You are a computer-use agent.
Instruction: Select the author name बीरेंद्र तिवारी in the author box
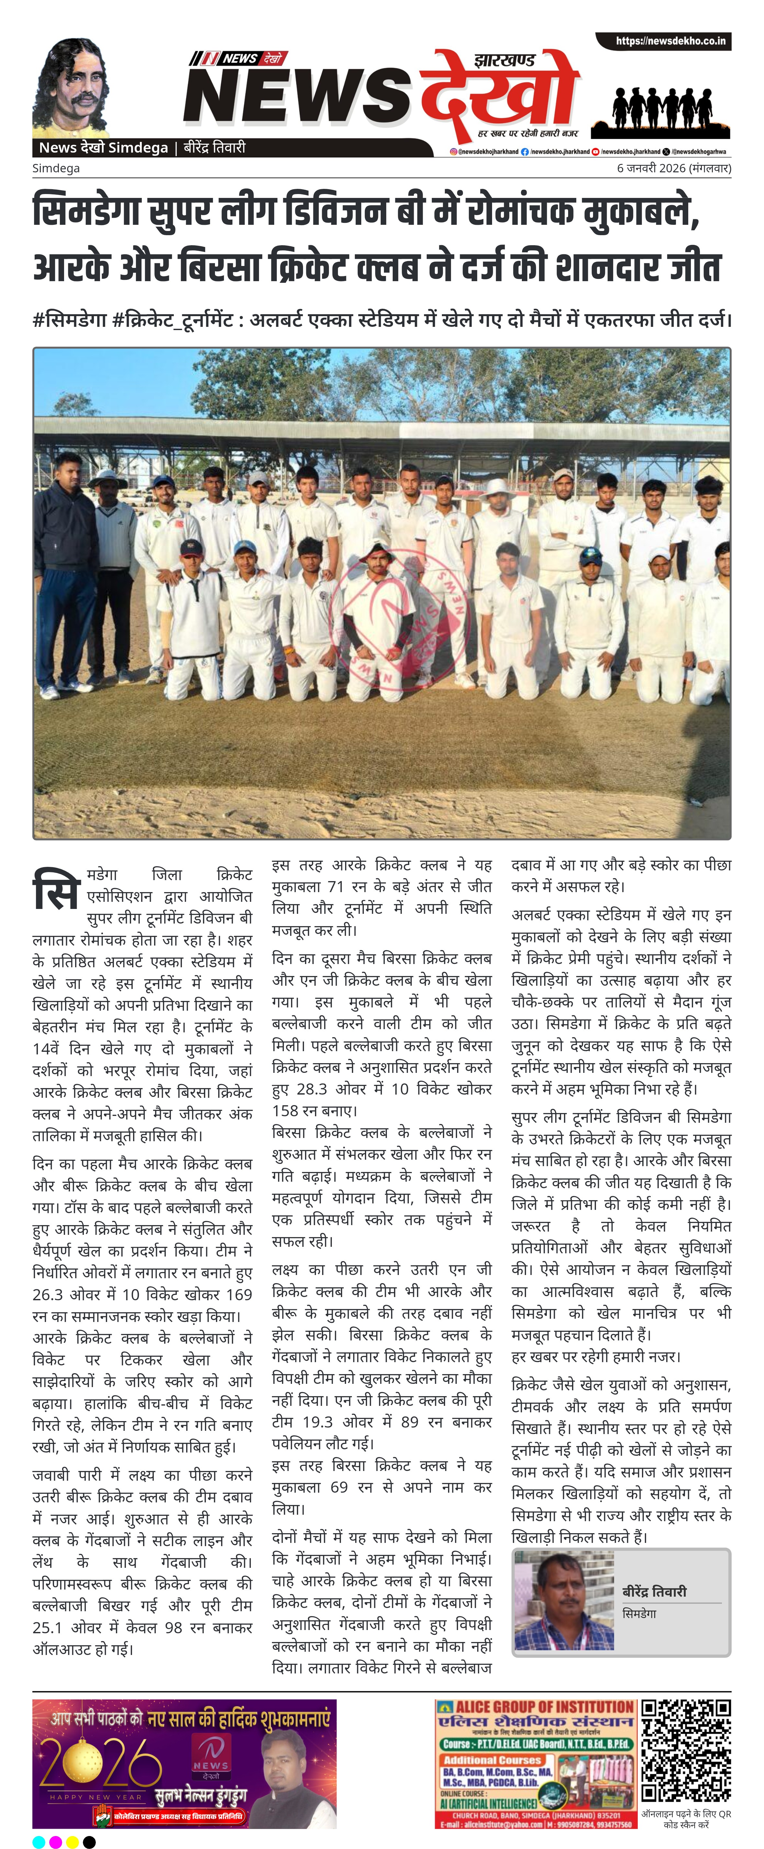pyautogui.click(x=654, y=1591)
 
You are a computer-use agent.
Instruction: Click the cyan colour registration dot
pyautogui.click(x=39, y=1842)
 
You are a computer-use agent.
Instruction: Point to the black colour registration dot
pyautogui.click(x=89, y=1842)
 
